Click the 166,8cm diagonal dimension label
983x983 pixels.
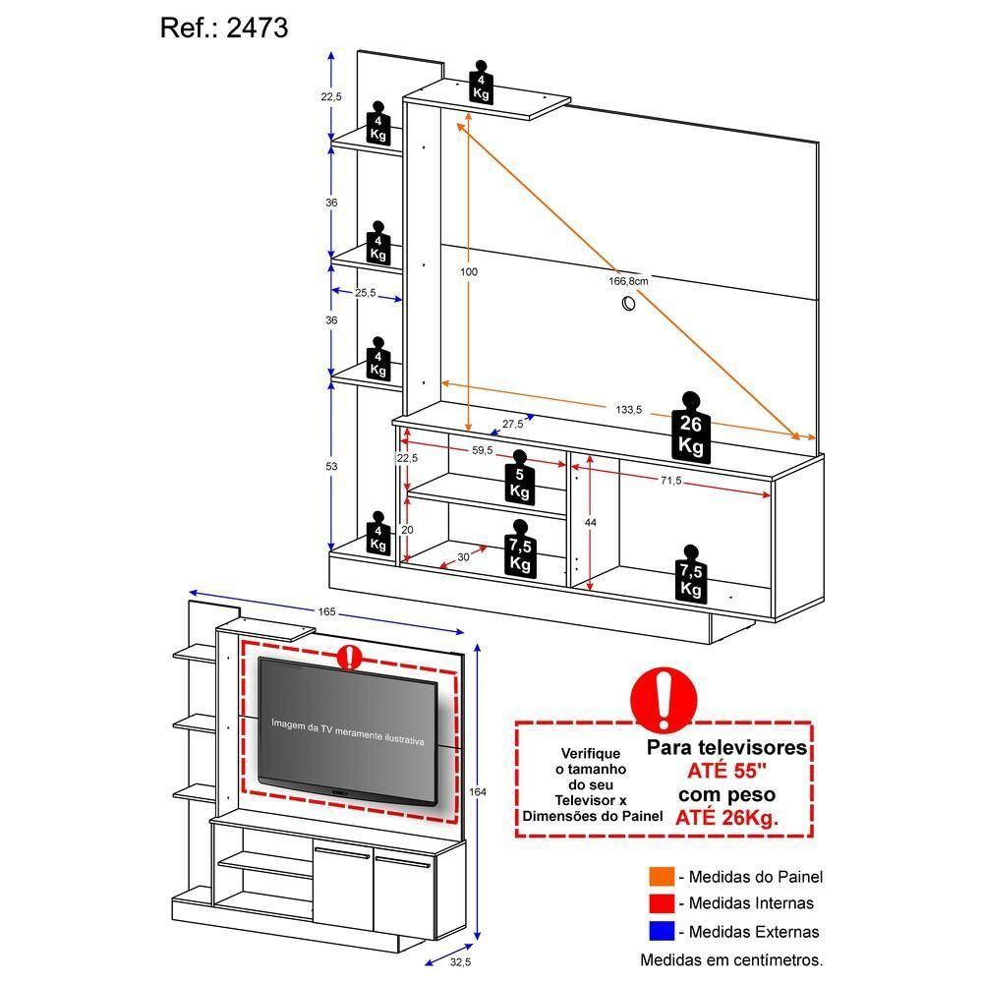coord(628,281)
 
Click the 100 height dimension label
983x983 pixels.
coord(469,271)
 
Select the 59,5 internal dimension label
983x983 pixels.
coord(482,450)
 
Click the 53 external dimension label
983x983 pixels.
coord(332,466)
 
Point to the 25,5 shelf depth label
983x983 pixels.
coord(366,292)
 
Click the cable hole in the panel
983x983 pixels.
coord(626,305)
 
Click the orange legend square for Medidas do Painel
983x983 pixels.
coord(662,877)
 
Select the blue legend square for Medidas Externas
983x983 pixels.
coord(662,932)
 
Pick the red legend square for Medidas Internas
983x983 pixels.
coord(662,904)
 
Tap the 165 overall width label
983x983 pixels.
coord(326,611)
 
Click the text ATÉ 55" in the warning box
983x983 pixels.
coord(727,772)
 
